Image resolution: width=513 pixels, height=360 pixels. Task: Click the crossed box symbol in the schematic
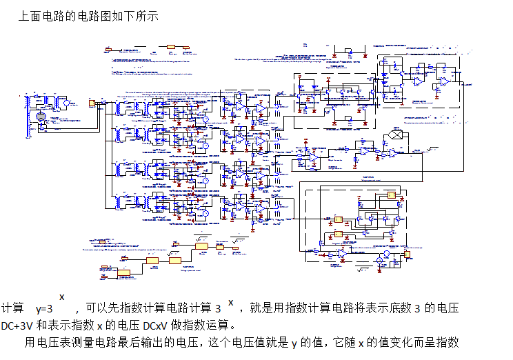pyautogui.click(x=395, y=134)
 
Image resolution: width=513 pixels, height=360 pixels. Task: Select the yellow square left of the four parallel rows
pyautogui.click(x=92, y=103)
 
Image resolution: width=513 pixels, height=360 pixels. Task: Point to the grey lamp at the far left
pyautogui.click(x=40, y=119)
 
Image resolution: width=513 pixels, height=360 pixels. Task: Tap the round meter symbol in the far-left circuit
pyautogui.click(x=67, y=103)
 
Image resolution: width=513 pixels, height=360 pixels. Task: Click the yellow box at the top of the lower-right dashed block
pyautogui.click(x=392, y=195)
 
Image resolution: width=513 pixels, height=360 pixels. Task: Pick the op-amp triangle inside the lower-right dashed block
pyautogui.click(x=343, y=254)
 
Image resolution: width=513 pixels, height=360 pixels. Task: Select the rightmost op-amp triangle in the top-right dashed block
pyautogui.click(x=445, y=81)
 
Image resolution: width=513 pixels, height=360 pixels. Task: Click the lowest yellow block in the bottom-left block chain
pyautogui.click(x=124, y=273)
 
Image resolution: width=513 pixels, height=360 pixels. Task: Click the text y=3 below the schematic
pyautogui.click(x=44, y=310)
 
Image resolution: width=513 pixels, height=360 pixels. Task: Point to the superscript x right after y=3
pyautogui.click(x=61, y=297)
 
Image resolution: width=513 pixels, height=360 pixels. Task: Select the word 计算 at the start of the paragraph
pyautogui.click(x=13, y=309)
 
